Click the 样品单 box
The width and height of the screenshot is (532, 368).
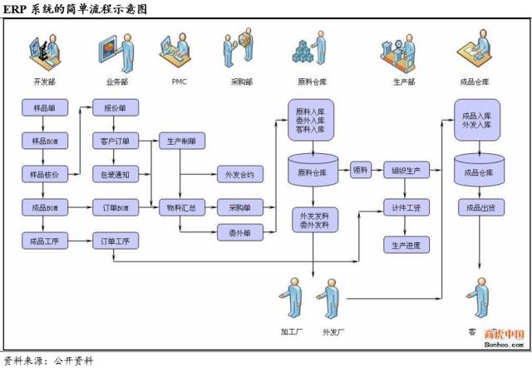[44, 108]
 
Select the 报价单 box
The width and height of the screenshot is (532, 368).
[115, 108]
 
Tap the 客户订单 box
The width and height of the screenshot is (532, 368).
[115, 142]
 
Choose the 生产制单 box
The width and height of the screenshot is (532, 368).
[181, 142]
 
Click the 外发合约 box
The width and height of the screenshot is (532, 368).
[240, 175]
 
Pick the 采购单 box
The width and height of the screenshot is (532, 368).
[240, 207]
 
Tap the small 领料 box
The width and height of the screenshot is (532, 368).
[360, 171]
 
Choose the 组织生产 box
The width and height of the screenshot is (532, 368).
[406, 171]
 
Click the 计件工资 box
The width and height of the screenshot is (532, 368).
[406, 207]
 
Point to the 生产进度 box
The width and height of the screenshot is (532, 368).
[406, 245]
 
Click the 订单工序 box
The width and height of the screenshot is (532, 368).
[115, 241]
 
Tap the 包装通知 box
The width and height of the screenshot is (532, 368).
[115, 175]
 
